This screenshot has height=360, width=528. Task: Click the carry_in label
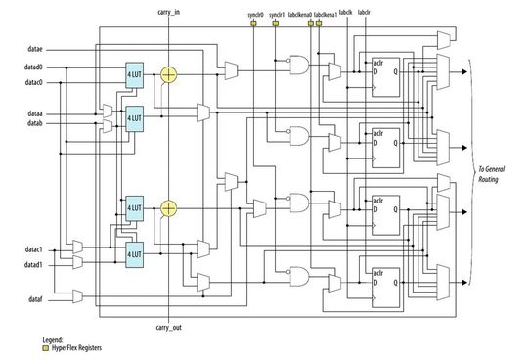[x=169, y=13]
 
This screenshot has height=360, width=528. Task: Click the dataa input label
[x=32, y=114]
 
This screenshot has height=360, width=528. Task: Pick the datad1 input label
[x=33, y=265]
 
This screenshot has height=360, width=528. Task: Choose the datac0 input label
[x=33, y=82]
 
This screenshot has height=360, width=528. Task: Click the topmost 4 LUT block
[x=135, y=75]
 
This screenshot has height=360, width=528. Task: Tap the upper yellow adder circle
[x=169, y=74]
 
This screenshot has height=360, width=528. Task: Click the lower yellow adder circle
[x=169, y=207]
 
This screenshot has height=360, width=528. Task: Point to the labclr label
[x=365, y=13]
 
